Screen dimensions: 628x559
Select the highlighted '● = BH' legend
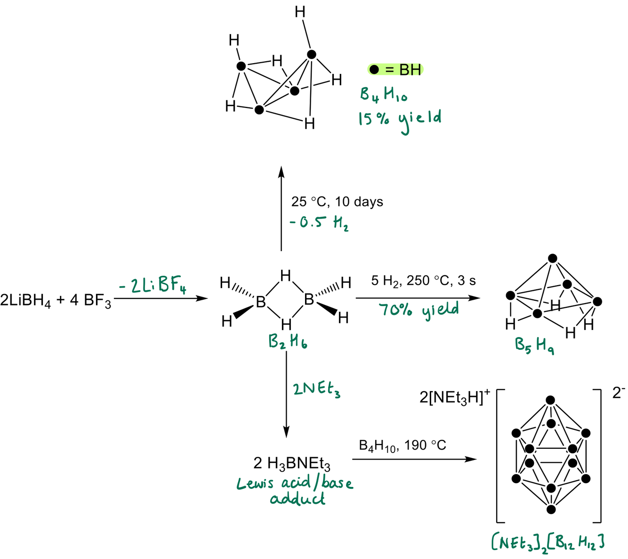(395, 70)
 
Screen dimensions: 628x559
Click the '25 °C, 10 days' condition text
(337, 202)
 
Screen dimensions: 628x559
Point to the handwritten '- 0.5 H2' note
(319, 222)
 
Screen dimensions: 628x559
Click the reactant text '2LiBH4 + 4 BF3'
(56, 300)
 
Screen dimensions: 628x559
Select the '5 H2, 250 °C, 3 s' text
(423, 281)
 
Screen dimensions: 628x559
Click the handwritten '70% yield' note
(419, 310)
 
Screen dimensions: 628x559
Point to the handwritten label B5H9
(534, 346)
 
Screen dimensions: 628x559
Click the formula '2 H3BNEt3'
(292, 464)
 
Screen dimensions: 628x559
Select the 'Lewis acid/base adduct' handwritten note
(295, 490)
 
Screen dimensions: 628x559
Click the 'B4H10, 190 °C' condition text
(403, 445)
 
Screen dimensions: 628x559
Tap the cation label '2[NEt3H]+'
(455, 398)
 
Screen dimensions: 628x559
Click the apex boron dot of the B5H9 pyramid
(553, 258)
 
